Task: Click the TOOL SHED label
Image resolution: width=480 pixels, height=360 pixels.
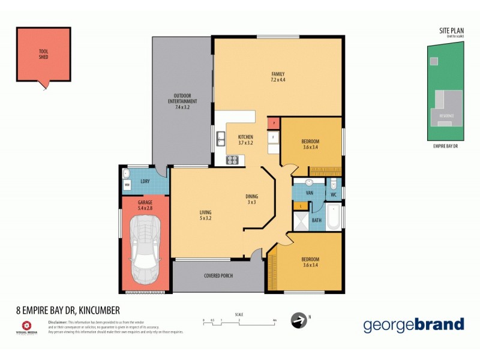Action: pos(44,55)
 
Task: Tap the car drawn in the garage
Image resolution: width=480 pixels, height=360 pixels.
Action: pos(145,249)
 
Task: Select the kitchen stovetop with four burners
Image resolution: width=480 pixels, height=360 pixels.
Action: pos(232,160)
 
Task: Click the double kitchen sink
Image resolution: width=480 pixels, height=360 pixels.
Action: pos(220,140)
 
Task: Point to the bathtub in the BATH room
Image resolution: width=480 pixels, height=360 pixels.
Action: pos(333,217)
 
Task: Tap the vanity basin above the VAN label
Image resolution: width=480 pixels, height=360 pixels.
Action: pos(308,182)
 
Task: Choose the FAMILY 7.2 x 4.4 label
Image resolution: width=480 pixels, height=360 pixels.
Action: pos(277,77)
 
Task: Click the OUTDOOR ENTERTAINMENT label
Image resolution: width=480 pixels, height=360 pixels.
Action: pos(182,101)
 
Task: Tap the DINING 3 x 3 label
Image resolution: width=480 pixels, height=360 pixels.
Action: pos(251,199)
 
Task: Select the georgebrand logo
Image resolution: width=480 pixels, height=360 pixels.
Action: pos(413,325)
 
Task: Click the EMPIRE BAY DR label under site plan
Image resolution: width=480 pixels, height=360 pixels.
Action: pos(445,146)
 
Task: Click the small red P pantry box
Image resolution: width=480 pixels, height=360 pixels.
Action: pos(274,123)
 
